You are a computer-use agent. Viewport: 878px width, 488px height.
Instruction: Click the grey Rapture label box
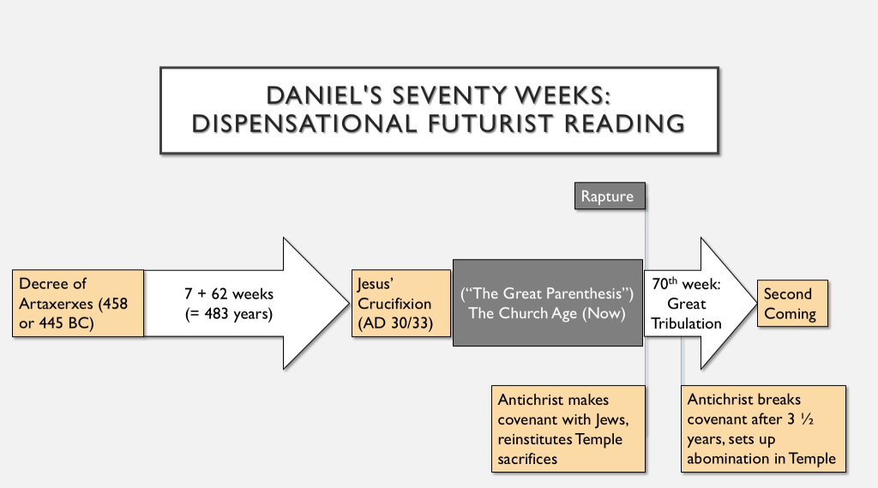click(608, 196)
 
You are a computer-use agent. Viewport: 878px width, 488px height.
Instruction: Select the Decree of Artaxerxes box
click(78, 303)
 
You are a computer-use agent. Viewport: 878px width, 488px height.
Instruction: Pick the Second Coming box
click(792, 304)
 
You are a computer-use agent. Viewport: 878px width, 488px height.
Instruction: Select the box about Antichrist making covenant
click(570, 428)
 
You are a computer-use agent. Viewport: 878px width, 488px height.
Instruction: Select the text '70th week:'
click(685, 284)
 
